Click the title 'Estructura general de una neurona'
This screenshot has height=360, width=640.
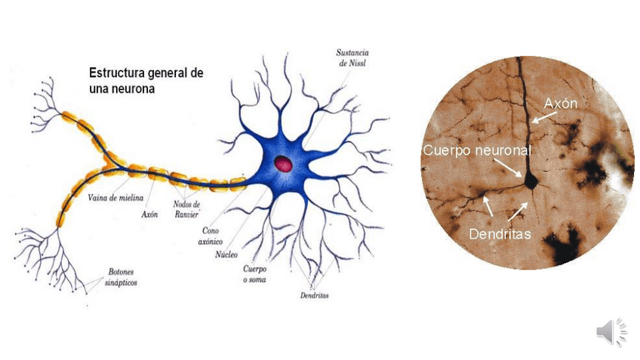[x=145, y=80]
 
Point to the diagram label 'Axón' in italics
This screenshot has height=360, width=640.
[x=149, y=214]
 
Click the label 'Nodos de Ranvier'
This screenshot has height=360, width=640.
[x=186, y=208]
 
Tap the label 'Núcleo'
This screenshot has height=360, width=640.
[x=226, y=254]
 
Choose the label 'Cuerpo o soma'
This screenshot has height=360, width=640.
[x=254, y=274]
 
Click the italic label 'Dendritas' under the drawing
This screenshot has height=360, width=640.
[x=314, y=295]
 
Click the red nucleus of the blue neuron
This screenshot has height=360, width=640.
[x=284, y=163]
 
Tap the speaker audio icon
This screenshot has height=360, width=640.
[x=611, y=331]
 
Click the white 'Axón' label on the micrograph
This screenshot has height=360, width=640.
[x=560, y=103]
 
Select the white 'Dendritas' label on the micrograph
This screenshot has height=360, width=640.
[x=500, y=234]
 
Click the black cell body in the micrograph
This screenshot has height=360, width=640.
[x=530, y=180]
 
